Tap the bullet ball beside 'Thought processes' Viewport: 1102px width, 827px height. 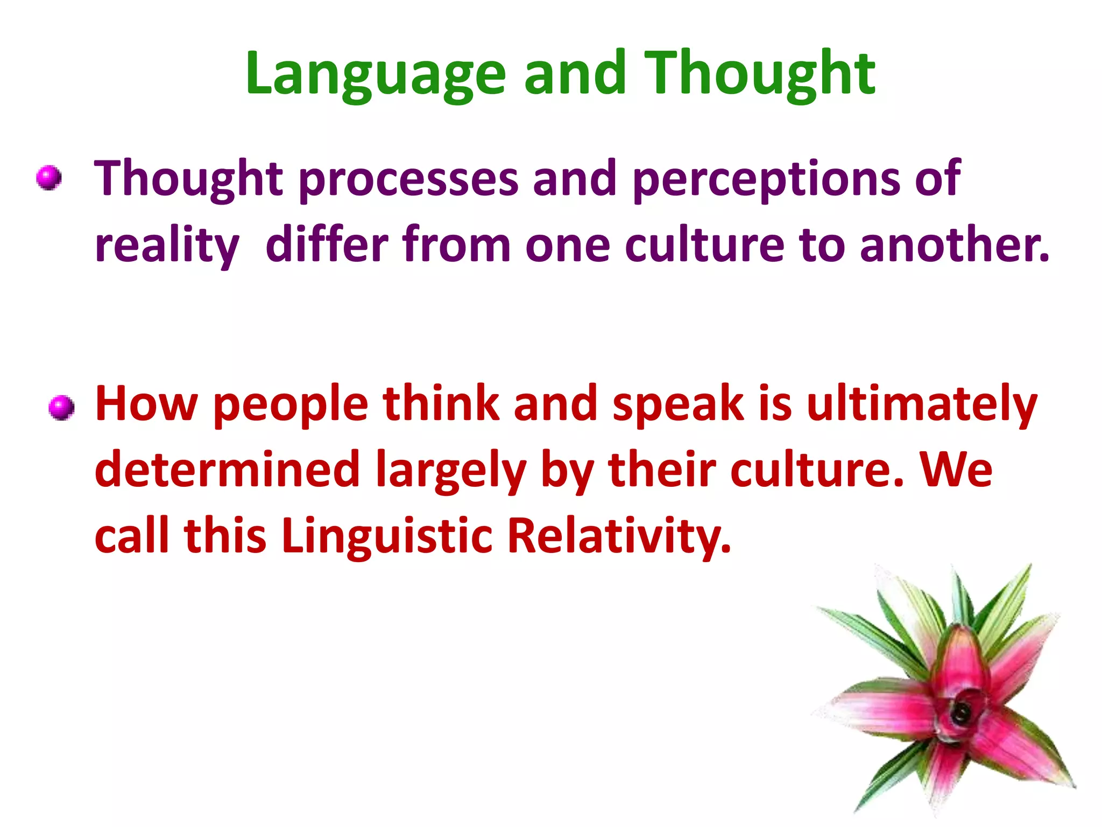click(x=49, y=178)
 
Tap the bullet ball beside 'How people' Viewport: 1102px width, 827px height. click(x=61, y=407)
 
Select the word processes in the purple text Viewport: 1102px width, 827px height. click(x=408, y=180)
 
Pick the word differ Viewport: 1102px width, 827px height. click(x=327, y=245)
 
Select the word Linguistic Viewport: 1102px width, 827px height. click(x=386, y=536)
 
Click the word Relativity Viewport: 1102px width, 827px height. click(x=619, y=536)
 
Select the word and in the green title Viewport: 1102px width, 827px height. click(x=575, y=74)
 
